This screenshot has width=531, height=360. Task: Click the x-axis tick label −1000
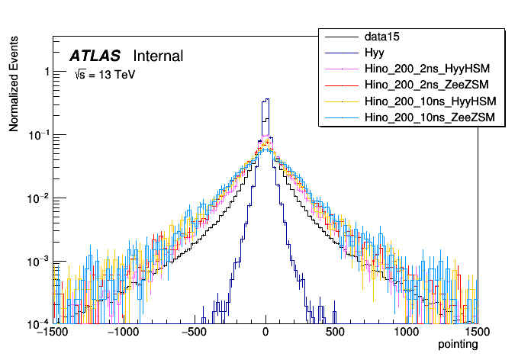122,333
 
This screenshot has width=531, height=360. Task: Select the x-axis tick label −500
195,333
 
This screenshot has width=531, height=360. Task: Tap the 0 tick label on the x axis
265,333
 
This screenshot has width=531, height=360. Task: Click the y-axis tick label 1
47,72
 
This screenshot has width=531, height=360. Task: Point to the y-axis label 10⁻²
38,198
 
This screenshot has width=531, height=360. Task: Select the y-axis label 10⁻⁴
38,324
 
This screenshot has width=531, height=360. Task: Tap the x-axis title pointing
457,345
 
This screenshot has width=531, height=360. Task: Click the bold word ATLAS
95,56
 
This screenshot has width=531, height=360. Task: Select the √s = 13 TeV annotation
105,76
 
